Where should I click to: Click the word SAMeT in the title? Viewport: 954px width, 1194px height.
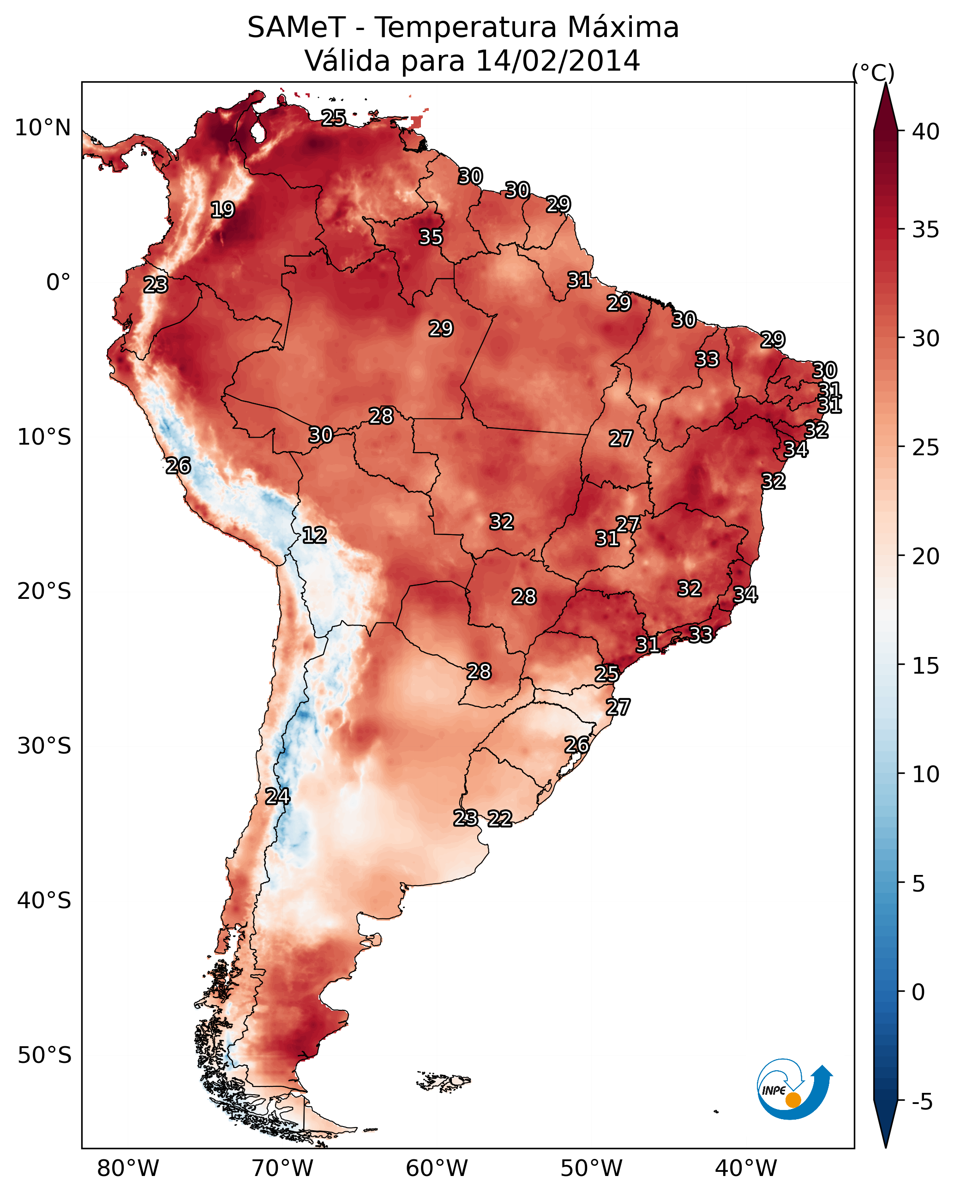click(x=296, y=28)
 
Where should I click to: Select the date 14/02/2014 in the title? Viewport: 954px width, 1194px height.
click(x=558, y=61)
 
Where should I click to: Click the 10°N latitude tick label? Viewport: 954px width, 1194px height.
click(x=42, y=128)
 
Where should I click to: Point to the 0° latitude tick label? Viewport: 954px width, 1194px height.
click(x=59, y=283)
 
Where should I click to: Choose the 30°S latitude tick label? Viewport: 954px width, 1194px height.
click(x=44, y=747)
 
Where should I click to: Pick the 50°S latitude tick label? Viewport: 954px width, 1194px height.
click(x=44, y=1055)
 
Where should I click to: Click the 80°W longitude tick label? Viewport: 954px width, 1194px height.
click(x=128, y=1169)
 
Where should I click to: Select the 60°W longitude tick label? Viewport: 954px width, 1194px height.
click(x=437, y=1169)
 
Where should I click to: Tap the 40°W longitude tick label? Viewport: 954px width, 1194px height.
click(x=746, y=1169)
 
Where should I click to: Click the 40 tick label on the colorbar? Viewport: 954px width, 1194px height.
click(x=926, y=132)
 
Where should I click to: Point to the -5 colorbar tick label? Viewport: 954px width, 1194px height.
click(x=922, y=1102)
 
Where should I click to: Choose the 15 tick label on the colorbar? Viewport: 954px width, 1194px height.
click(x=926, y=666)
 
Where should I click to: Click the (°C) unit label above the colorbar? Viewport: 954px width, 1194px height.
click(x=873, y=72)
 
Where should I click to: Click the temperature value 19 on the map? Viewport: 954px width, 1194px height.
click(x=222, y=210)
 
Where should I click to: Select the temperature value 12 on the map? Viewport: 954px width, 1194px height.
click(x=314, y=535)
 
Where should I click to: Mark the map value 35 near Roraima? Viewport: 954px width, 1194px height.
click(x=431, y=237)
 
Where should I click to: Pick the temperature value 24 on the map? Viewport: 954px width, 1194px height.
click(x=277, y=796)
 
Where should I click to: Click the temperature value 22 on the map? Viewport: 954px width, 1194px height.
click(x=500, y=819)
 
